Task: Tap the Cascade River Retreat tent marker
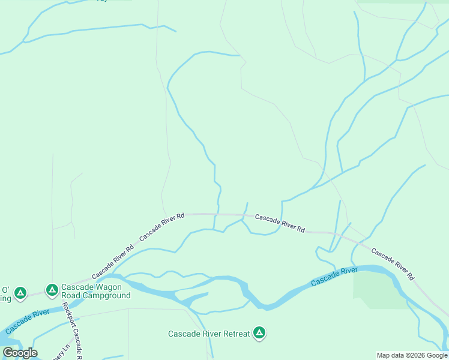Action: (259, 332)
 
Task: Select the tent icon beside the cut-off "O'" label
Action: (20, 293)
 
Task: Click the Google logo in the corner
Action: (20, 353)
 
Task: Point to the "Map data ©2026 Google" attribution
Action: (412, 355)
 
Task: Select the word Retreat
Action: (234, 334)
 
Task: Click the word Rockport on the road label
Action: (67, 316)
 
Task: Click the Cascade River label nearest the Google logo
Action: (27, 322)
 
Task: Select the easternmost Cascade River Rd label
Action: (393, 265)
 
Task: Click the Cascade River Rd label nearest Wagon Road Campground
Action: (113, 262)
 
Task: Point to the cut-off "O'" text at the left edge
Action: (5, 289)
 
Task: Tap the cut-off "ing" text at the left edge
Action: (5, 298)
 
